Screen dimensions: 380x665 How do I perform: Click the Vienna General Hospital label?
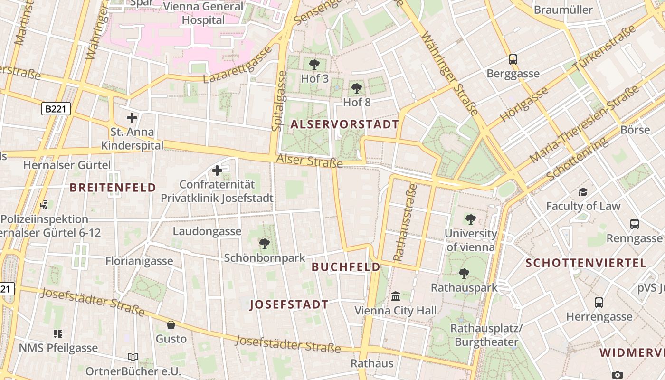tap(203, 13)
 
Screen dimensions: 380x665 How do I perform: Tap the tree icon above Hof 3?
tap(314, 65)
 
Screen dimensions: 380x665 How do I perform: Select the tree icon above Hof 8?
tap(356, 88)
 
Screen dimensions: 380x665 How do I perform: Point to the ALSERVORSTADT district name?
tap(344, 124)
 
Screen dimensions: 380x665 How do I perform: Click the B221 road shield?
tap(56, 109)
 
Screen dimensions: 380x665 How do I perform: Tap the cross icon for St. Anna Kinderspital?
tap(132, 118)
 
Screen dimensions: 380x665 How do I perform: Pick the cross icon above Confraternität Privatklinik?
tap(217, 170)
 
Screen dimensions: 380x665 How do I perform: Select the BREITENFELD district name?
tap(113, 188)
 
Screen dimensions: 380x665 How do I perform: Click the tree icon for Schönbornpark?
tap(265, 244)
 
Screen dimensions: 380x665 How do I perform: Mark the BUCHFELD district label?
tap(346, 267)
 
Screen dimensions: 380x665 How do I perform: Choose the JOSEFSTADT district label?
tap(289, 304)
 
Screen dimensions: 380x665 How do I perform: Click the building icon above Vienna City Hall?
tap(395, 297)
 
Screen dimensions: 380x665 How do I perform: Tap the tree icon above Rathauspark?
tap(464, 274)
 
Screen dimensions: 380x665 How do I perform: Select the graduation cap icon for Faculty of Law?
tap(583, 192)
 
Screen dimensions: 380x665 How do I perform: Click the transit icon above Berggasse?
tap(513, 59)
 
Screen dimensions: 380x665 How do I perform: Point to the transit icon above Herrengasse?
tap(599, 303)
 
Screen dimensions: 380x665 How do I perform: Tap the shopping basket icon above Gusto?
tap(171, 325)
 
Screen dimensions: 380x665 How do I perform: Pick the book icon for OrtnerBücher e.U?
tap(133, 357)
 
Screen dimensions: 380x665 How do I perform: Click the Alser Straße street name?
tap(309, 161)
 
